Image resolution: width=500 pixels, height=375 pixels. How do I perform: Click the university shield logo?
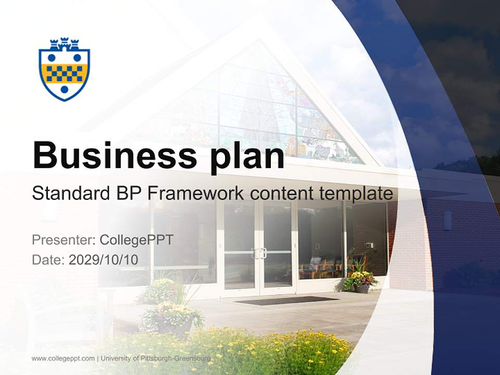tap(64, 70)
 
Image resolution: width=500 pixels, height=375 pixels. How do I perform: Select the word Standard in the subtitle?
tap(69, 194)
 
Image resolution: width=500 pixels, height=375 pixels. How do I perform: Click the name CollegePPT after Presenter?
tap(136, 240)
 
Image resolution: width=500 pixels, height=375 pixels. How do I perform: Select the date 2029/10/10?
tap(104, 259)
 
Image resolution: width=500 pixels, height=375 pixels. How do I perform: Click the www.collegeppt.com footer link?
tap(63, 358)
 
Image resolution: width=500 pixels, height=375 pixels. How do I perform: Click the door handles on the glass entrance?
tap(259, 253)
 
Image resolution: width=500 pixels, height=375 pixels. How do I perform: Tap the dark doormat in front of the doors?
tap(287, 301)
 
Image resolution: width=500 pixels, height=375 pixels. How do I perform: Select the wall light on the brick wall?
tap(447, 220)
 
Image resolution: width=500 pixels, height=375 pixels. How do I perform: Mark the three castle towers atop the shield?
tap(64, 44)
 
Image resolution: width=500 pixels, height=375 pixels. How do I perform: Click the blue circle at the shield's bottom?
tap(64, 89)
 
